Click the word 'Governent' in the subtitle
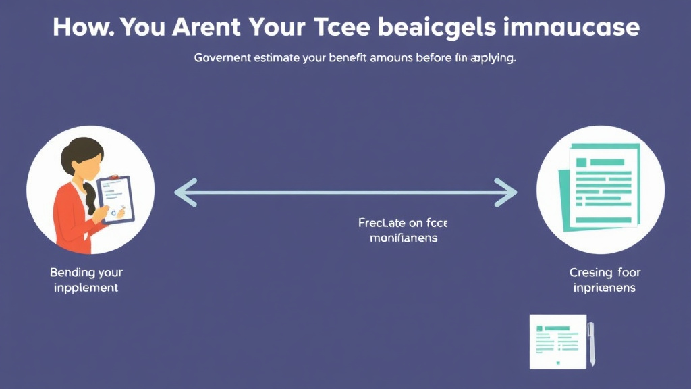click(223, 58)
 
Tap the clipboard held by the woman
click(115, 199)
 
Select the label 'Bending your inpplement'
click(86, 280)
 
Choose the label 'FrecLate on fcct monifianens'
click(404, 230)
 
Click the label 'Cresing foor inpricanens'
click(605, 280)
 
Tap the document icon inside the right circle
click(599, 186)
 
